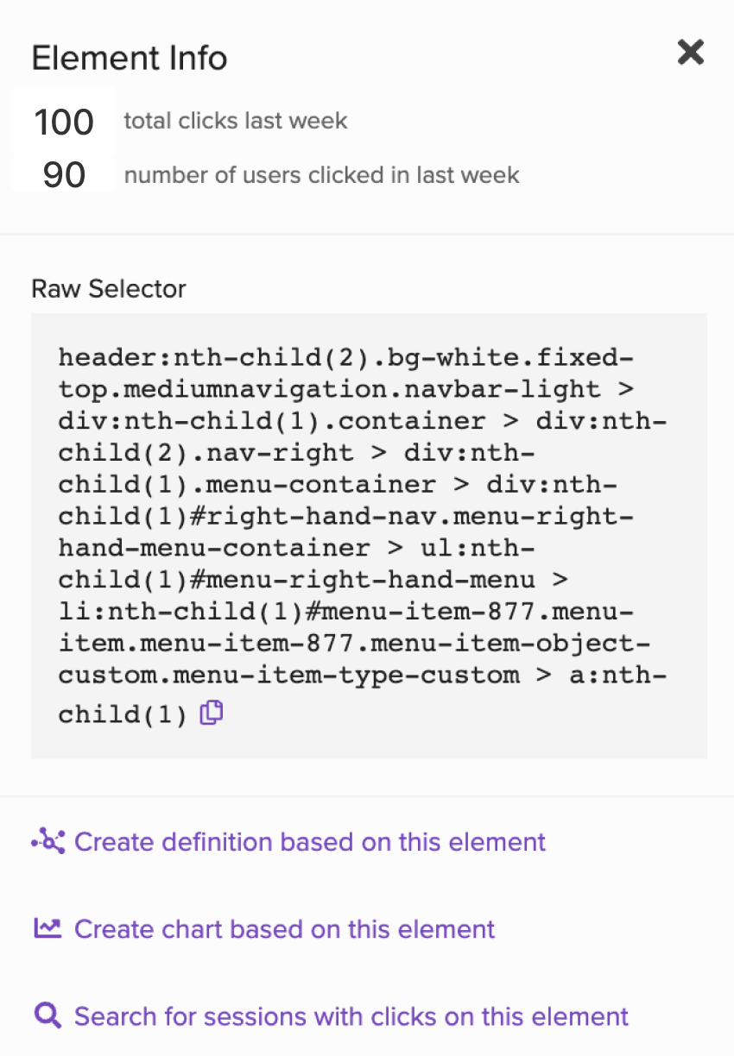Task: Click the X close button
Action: coord(691,52)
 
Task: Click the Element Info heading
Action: coord(130,58)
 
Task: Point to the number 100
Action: coord(64,123)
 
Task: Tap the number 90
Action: coord(64,175)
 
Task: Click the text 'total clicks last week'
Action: coord(236,121)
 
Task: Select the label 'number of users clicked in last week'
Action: coord(321,175)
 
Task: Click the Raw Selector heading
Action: coord(109,288)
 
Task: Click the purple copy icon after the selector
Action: coord(212,712)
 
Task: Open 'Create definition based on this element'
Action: coord(309,842)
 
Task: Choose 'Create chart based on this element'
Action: coord(284,929)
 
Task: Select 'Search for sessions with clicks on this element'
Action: coord(351,1016)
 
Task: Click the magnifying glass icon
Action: coord(47,1015)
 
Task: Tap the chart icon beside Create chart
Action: coord(47,928)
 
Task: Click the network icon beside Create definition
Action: coord(48,840)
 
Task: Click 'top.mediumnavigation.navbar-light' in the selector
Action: coord(329,390)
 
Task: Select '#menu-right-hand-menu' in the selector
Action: coord(363,580)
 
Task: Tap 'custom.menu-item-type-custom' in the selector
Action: coord(288,676)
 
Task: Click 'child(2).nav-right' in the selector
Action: coord(206,453)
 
